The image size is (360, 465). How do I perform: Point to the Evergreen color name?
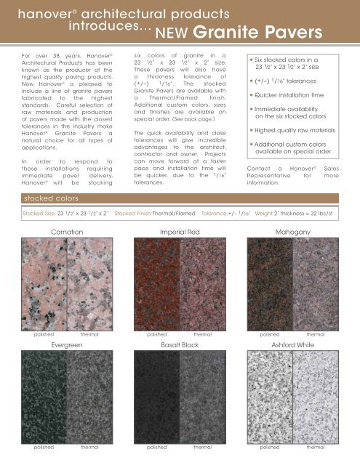coord(68,345)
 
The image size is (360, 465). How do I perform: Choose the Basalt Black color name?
coord(180,345)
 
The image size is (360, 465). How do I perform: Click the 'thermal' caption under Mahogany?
coord(316,335)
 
